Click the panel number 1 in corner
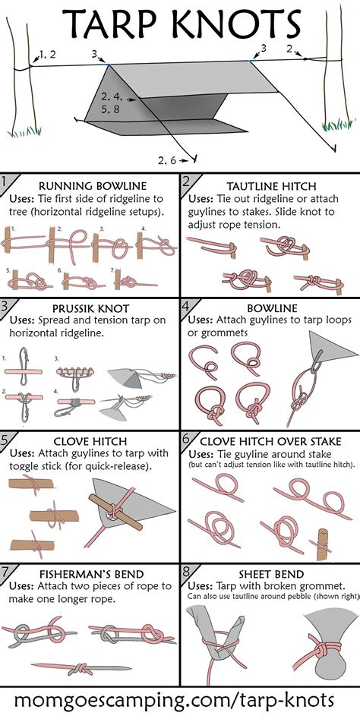(6, 181)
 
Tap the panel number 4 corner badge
(187, 305)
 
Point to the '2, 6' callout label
(167, 159)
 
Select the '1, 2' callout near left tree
(47, 54)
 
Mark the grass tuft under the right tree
(334, 123)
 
